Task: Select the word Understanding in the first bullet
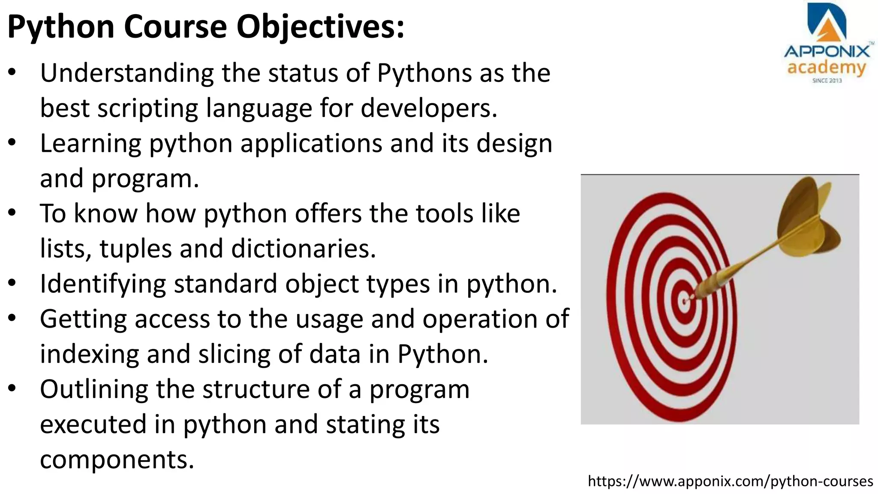(126, 74)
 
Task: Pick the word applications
(311, 144)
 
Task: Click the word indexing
(90, 355)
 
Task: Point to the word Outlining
(93, 389)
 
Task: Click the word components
(117, 460)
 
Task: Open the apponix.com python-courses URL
(730, 482)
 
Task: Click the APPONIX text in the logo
(827, 52)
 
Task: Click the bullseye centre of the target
(684, 300)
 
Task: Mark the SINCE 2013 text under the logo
(827, 81)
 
